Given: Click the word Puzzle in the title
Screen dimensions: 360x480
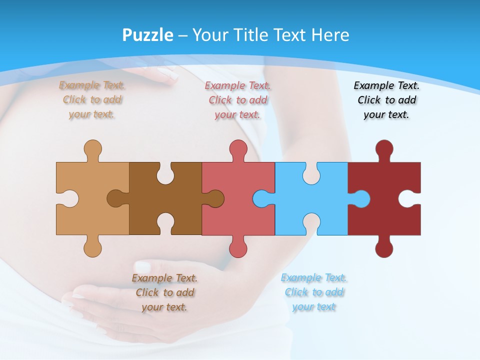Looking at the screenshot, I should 148,35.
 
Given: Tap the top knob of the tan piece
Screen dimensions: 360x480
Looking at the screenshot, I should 92,148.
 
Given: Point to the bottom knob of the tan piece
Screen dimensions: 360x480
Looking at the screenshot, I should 92,248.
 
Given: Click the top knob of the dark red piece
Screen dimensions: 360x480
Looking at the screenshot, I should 384,148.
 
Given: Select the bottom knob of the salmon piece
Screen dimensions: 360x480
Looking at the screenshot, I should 238,248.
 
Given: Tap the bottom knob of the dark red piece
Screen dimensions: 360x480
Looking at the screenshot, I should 384,248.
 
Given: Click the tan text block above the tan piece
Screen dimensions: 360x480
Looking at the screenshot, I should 92,99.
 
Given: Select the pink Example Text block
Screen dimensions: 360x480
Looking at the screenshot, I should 238,100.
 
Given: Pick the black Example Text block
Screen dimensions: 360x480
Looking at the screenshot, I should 386,100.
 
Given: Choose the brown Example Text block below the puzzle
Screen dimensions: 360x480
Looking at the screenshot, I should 164,292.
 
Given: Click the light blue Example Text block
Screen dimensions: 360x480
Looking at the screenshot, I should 313,292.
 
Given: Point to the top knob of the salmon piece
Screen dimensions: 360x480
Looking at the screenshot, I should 238,148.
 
